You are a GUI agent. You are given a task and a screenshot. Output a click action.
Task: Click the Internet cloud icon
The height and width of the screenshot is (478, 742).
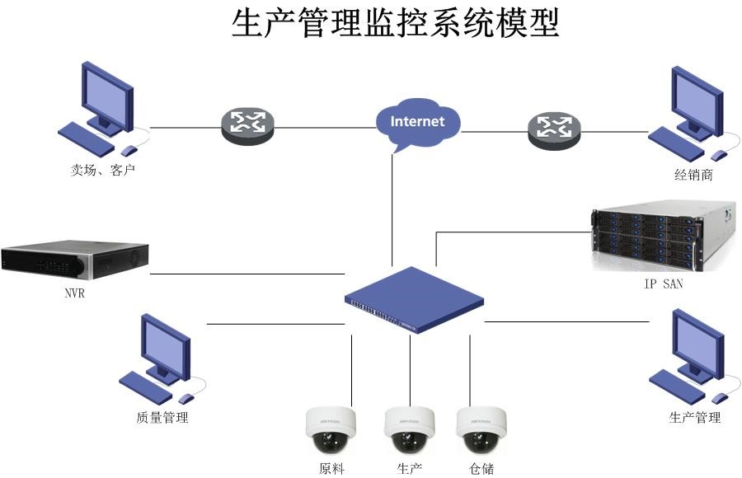tap(417, 123)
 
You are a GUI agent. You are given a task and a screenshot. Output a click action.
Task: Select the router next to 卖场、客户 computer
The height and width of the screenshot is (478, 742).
tap(247, 124)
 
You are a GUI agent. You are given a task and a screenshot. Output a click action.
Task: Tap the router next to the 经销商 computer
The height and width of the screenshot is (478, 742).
tap(553, 126)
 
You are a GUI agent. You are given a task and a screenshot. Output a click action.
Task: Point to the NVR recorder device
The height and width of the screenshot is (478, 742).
tap(74, 260)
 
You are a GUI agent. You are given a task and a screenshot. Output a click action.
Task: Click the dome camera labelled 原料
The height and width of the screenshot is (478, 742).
tap(331, 430)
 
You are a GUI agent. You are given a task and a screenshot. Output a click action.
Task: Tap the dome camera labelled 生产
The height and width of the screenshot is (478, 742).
tap(410, 430)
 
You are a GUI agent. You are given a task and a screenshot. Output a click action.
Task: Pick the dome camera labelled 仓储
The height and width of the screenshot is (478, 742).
tap(481, 430)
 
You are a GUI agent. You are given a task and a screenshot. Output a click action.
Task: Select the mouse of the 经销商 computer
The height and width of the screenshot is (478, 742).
tap(719, 155)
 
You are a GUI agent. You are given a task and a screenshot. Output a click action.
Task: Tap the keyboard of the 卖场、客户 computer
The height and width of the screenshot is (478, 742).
tap(87, 138)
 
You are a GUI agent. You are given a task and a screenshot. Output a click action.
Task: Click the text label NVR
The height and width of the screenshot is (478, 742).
tap(74, 293)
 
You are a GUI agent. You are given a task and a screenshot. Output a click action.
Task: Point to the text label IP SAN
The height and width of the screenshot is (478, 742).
tap(664, 284)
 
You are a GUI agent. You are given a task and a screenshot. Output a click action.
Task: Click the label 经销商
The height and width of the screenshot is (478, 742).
tap(693, 175)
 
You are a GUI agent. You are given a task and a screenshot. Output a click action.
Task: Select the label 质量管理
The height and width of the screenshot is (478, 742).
tap(162, 418)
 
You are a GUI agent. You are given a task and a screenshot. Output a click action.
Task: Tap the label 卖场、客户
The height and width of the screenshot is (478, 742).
tap(102, 171)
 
